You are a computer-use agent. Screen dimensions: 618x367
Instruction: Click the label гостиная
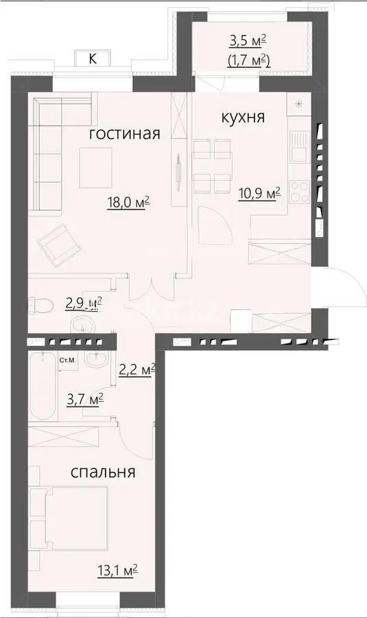125,134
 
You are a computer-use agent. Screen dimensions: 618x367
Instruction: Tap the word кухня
242,117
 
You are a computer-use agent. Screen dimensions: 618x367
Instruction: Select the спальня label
103,472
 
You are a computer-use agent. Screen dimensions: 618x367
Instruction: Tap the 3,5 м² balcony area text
248,42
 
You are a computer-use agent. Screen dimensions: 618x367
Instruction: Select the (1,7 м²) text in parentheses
248,61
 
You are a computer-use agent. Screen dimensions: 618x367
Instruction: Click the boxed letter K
93,59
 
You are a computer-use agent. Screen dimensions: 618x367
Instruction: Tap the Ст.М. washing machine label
67,360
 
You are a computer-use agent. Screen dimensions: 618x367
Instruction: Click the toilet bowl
43,304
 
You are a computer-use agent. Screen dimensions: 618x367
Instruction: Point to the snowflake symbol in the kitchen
298,104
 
